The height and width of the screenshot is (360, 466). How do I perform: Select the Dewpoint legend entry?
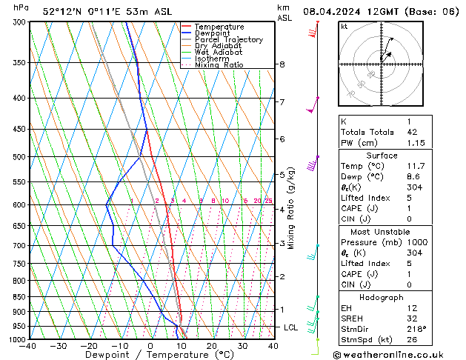click(214, 33)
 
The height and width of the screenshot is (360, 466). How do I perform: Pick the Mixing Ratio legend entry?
click(219, 65)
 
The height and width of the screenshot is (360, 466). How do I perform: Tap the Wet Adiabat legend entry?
click(217, 53)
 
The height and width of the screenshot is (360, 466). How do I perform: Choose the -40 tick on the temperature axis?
click(28, 345)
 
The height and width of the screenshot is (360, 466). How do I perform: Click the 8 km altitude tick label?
click(282, 64)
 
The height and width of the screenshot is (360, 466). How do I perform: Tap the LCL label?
click(291, 327)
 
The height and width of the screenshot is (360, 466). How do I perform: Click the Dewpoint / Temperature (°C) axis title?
click(150, 355)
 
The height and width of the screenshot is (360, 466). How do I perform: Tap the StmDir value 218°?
click(416, 328)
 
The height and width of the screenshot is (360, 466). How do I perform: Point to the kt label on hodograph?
click(344, 27)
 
